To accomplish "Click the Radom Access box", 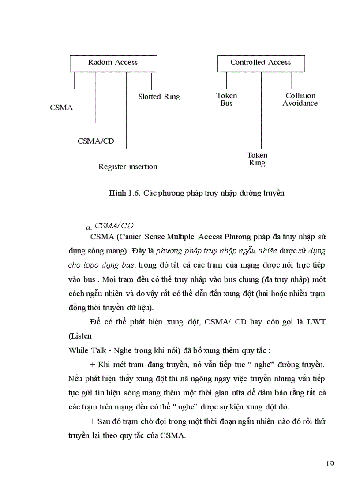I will click(113, 63).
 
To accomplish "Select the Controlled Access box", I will click(261, 63).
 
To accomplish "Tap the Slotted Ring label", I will click(159, 97).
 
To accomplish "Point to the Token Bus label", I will click(227, 99).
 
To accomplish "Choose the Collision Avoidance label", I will click(300, 99).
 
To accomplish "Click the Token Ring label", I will click(257, 159).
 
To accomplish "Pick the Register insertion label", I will click(127, 167).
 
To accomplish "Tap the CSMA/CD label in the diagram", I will click(96, 141).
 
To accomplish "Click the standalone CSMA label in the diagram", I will click(61, 108).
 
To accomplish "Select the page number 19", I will click(330, 463).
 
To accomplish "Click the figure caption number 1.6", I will click(134, 193).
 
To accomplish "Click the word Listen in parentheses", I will click(80, 336).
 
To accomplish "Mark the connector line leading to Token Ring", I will click(261, 110).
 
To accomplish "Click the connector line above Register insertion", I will click(126, 110).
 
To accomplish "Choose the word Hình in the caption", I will click(117, 193).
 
